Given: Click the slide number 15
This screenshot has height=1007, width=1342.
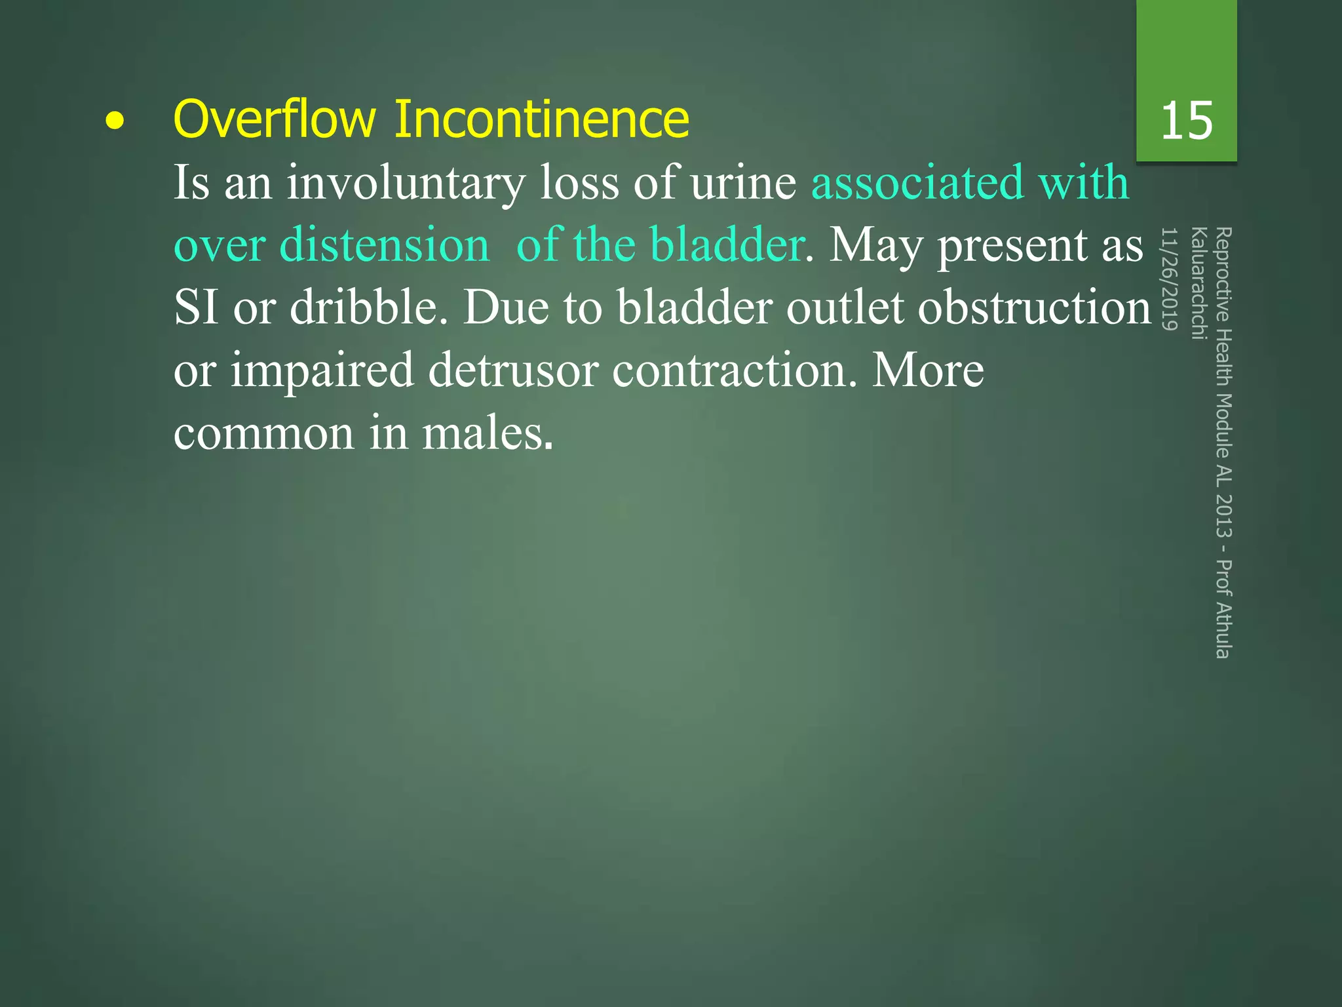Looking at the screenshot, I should click(1186, 121).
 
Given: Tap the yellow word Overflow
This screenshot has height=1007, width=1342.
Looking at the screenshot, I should click(274, 119).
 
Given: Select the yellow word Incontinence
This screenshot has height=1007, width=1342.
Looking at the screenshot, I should click(541, 119).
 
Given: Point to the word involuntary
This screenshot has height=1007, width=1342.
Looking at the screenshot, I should click(406, 183).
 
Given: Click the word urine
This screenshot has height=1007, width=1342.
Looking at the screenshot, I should click(743, 183).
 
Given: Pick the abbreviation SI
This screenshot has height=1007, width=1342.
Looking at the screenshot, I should click(195, 308).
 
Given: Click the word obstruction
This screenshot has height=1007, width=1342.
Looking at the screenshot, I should click(1034, 308).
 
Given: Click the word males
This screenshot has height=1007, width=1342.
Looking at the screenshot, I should click(488, 433).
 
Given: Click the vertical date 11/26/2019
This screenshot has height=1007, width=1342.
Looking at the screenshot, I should click(1170, 279).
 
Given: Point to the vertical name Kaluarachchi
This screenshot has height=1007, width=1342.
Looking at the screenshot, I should click(1198, 283).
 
